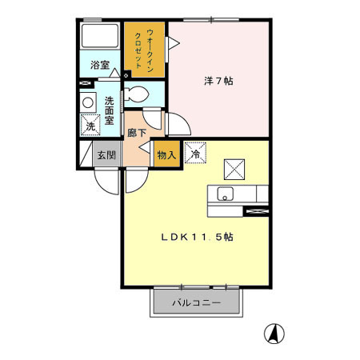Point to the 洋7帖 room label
point(219,81)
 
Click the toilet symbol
point(136,94)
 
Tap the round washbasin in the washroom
point(86,103)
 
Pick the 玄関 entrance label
point(106,155)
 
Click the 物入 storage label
point(166,155)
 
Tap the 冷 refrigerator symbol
point(195,152)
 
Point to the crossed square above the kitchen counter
point(234,167)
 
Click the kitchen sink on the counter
point(226,194)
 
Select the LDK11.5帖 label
point(198,238)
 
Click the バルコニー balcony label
point(196,302)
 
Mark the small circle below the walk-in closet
point(126,77)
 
